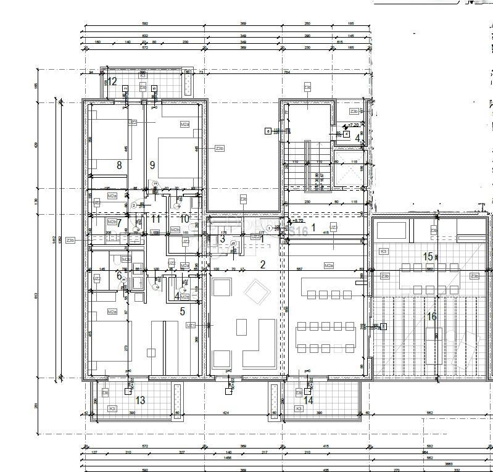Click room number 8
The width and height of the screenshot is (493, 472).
point(119,165)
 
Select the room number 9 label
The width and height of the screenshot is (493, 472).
point(152,165)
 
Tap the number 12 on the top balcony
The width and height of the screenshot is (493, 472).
point(112,81)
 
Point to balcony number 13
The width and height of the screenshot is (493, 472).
point(140,400)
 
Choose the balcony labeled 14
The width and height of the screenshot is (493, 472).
point(309,400)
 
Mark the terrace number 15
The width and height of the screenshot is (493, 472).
point(428,256)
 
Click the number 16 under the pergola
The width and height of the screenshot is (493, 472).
point(431,317)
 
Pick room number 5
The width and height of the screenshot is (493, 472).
point(182,312)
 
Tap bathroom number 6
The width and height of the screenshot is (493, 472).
point(119,276)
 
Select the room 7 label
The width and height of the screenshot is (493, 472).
point(119,223)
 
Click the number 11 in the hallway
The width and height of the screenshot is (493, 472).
point(155,218)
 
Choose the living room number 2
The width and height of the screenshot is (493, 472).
point(262,265)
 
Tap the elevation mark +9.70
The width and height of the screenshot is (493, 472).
point(297,220)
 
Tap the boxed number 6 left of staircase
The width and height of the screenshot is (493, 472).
point(267,131)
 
